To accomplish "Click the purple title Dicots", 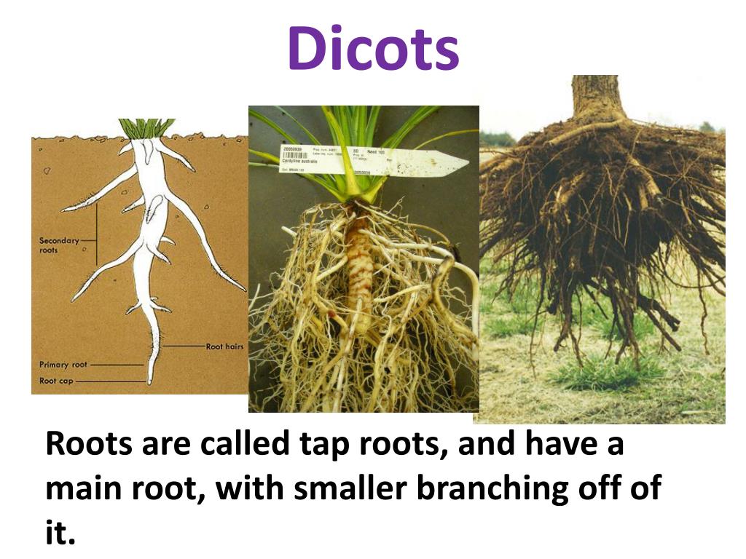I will tap(373, 49).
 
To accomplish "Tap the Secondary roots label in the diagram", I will tap(59, 245).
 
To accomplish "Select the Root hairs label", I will tap(224, 346).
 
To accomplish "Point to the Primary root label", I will tap(63, 364).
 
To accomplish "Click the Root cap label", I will tap(56, 381).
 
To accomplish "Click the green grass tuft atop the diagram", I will tap(147, 128).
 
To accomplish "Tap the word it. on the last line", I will tap(60, 533).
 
